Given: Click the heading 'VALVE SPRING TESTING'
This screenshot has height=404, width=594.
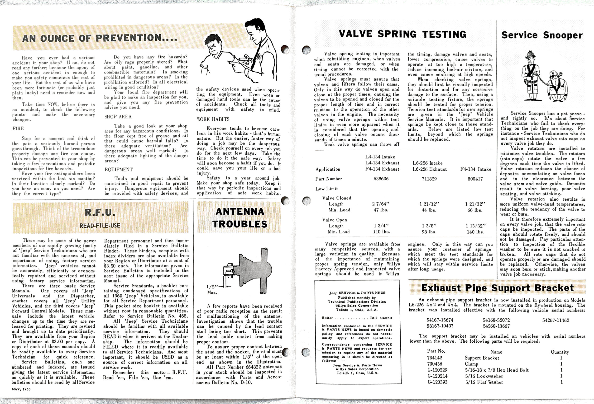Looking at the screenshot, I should [402, 34].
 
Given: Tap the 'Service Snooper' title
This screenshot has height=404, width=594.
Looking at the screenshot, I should [542, 35].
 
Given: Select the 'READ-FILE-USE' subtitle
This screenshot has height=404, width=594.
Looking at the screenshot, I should [100, 226].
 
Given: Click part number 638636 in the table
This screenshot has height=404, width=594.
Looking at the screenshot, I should [381, 179].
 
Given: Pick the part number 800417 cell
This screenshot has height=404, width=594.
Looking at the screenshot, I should [475, 179].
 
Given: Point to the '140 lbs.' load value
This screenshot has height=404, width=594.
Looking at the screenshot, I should [475, 232].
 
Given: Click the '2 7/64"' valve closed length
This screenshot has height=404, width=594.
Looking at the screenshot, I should [381, 204].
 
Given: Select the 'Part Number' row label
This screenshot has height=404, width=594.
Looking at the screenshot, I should [329, 179].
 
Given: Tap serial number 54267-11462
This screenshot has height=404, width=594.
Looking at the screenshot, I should [556, 320].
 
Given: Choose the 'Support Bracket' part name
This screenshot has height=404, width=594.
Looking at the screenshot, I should [482, 358].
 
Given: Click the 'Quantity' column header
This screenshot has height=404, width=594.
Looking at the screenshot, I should [560, 352].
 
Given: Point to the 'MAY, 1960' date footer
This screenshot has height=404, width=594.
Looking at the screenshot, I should [21, 389].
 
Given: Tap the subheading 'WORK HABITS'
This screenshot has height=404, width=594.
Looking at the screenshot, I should [213, 119].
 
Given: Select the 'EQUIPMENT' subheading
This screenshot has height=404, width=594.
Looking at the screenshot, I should [119, 169].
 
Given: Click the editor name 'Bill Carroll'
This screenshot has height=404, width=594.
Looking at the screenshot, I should [381, 318].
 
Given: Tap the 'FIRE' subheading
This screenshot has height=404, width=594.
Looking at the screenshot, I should [18, 128].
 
